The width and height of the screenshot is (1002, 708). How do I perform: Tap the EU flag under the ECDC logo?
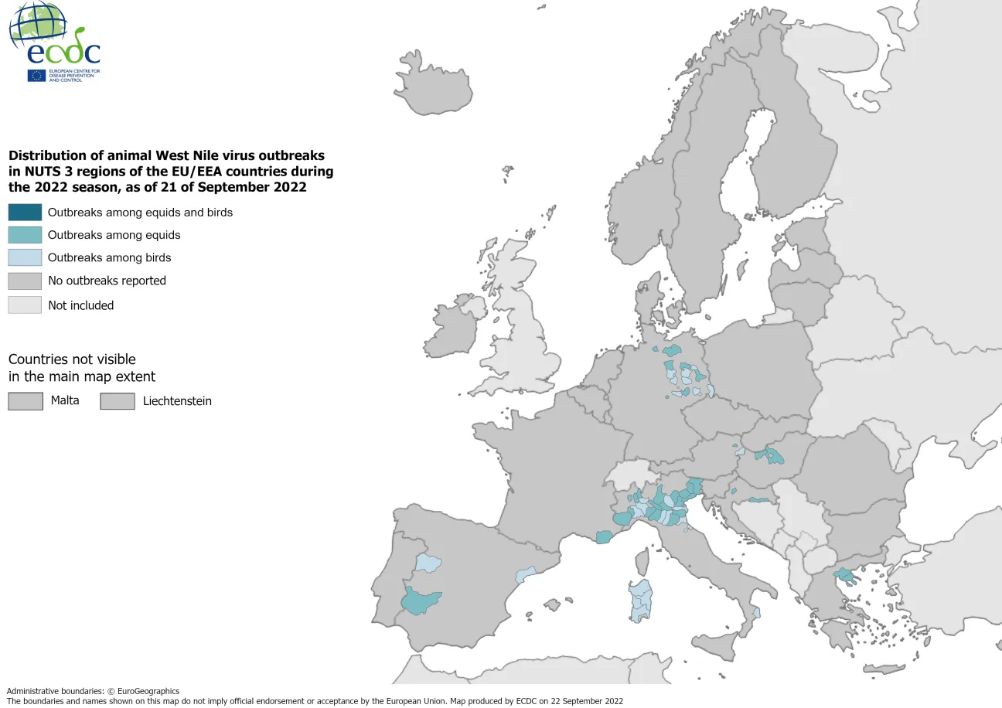[x=36, y=75]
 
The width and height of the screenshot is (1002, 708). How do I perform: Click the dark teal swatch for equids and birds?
[x=25, y=212]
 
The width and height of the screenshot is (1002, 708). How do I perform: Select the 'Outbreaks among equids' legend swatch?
[x=25, y=235]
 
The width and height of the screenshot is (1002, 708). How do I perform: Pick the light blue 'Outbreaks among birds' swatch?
[x=25, y=257]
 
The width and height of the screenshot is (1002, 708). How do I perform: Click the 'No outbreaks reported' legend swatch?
[x=25, y=281]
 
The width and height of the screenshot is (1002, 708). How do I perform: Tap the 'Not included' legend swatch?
[x=25, y=305]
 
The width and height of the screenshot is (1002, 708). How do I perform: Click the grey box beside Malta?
[x=25, y=400]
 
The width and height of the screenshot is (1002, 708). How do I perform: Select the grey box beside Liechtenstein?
[x=118, y=400]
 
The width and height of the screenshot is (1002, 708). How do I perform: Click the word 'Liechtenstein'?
[x=177, y=400]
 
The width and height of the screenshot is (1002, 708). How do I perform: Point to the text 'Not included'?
[x=80, y=305]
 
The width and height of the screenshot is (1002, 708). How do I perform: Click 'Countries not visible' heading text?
[x=72, y=359]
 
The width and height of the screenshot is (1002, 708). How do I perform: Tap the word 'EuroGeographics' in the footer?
[x=148, y=691]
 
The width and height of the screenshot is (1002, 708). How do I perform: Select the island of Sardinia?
[x=639, y=600]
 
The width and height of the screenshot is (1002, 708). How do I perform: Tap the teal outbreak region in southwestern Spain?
[x=420, y=599]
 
